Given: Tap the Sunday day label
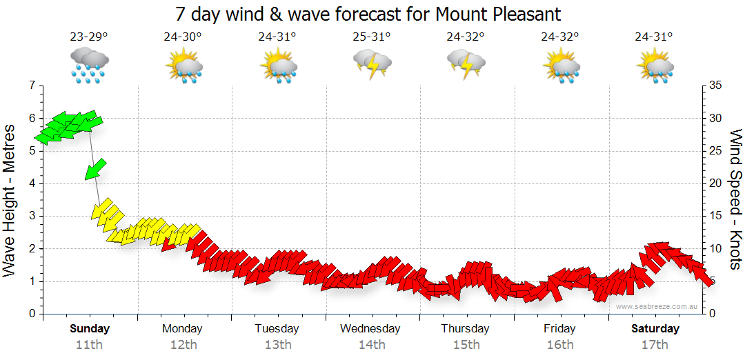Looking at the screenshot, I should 90,328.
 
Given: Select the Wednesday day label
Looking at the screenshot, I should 370,328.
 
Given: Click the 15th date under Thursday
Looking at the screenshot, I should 466,345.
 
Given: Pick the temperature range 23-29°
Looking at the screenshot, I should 88,37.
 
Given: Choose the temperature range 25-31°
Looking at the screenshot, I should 371,37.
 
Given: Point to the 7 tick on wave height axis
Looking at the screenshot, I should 31,86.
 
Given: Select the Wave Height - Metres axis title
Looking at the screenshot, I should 10,200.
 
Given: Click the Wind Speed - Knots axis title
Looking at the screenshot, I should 735,200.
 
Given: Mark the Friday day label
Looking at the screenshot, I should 559,328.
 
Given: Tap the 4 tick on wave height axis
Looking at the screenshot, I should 31,183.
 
